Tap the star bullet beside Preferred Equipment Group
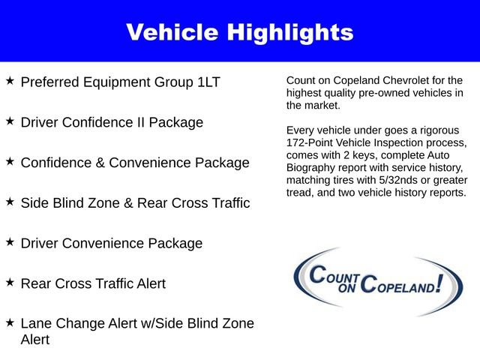pos(10,79)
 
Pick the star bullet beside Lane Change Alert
pos(10,322)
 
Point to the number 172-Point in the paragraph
pos(313,142)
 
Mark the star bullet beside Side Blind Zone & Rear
pos(10,202)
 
